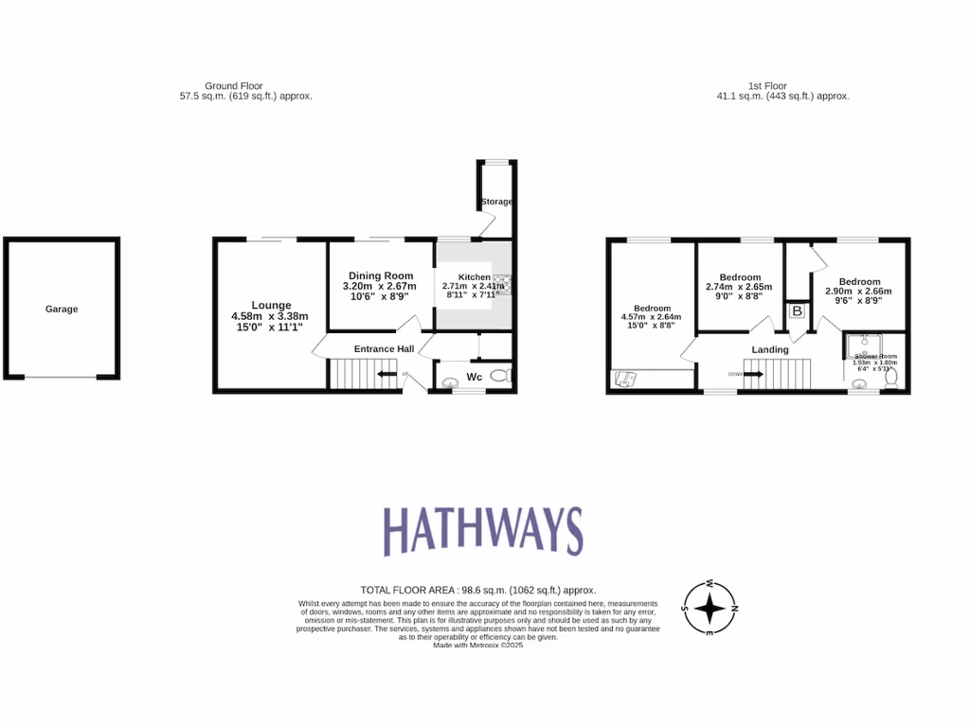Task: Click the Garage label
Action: (x=62, y=310)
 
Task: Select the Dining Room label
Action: (x=379, y=275)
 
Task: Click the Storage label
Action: (x=496, y=202)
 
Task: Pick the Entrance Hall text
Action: (x=384, y=349)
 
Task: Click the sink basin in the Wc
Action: (x=449, y=382)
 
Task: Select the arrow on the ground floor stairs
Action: (x=386, y=375)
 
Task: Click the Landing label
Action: (x=770, y=349)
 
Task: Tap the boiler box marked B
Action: (x=797, y=310)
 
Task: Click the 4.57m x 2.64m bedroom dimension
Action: (x=652, y=318)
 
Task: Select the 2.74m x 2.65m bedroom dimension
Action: (x=739, y=287)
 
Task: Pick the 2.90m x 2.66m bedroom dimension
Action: (x=859, y=292)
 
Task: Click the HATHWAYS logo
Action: (x=483, y=530)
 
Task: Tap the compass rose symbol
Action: (x=710, y=607)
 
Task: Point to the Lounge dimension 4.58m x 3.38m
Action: (x=270, y=316)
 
